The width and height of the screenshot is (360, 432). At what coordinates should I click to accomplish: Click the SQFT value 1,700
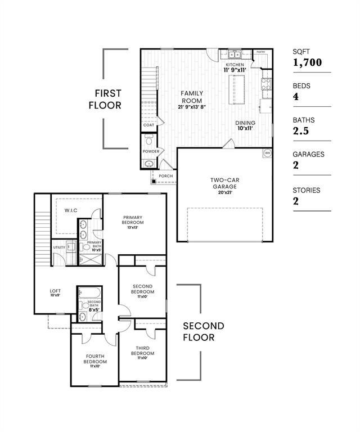tap(307, 62)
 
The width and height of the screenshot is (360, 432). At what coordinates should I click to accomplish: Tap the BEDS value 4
tap(296, 97)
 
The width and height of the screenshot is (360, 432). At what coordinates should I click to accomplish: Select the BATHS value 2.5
tap(303, 131)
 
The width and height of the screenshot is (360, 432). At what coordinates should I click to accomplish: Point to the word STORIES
tap(307, 190)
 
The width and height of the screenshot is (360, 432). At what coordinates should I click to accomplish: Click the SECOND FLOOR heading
tap(203, 331)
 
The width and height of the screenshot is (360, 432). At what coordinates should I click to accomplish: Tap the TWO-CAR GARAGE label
tap(224, 184)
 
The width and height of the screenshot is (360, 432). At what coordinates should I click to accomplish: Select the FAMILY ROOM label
tap(192, 97)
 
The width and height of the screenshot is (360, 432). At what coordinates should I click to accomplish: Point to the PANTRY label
tap(261, 52)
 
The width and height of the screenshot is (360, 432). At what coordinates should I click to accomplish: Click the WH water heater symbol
tap(267, 152)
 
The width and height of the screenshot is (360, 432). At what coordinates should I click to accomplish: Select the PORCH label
tap(166, 176)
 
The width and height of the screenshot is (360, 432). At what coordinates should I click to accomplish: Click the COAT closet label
tap(148, 125)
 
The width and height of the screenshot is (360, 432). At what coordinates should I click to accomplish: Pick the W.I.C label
tap(71, 210)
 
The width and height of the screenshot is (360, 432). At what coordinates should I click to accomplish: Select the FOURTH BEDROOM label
tap(95, 358)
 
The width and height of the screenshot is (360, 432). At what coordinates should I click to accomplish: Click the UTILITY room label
tap(59, 247)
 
